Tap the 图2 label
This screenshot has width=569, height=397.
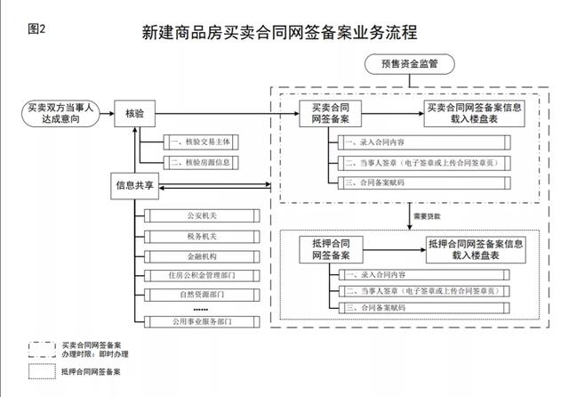click(36, 28)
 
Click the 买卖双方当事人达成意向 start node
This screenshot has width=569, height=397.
click(60, 113)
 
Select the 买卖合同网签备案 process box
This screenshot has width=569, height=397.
click(330, 113)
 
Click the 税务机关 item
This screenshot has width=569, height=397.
click(202, 237)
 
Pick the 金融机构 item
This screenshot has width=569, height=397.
click(202, 257)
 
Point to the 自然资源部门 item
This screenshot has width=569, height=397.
click(202, 295)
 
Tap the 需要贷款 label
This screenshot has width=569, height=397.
click(426, 216)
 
